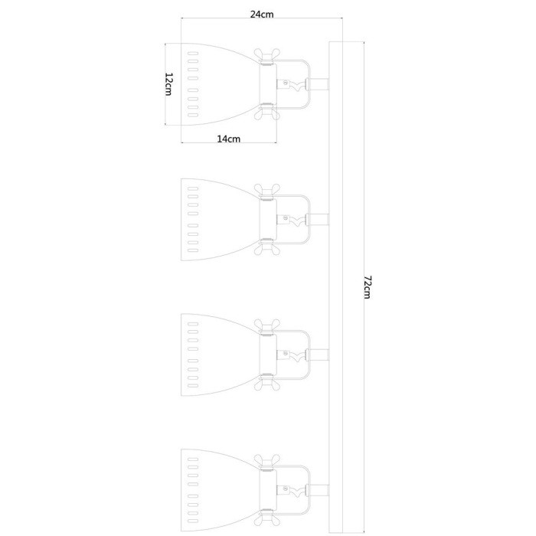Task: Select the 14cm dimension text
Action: [229, 139]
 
